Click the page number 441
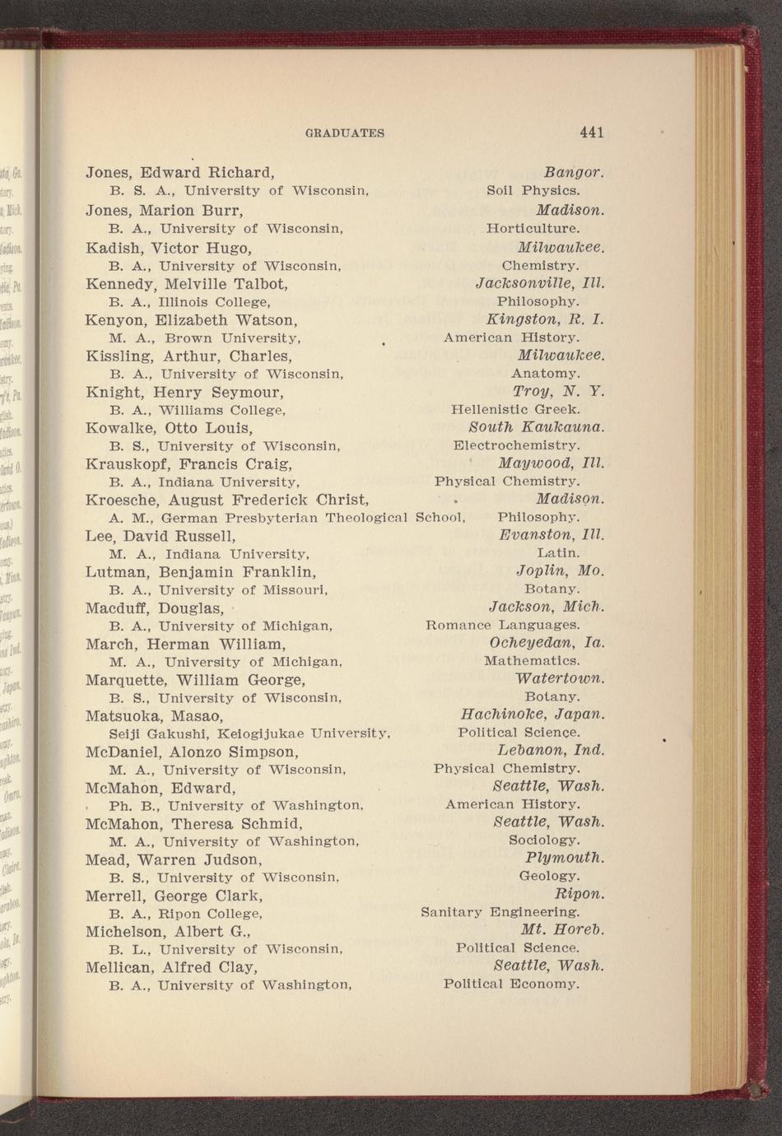tap(592, 133)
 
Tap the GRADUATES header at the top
tap(345, 133)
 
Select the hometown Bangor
tap(575, 174)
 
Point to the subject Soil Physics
tap(533, 191)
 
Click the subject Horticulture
tap(533, 228)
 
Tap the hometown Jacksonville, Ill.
tap(541, 283)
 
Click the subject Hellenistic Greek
tap(515, 409)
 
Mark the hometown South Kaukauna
tap(536, 427)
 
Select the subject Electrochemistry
tap(516, 445)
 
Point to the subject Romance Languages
tap(502, 625)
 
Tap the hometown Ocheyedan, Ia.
tap(547, 642)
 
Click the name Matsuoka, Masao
tap(154, 715)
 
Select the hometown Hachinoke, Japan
tap(533, 714)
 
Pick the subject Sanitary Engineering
tap(500, 912)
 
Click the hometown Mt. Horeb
tap(563, 930)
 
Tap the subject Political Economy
tap(511, 984)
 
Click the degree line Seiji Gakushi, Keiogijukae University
tap(249, 733)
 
